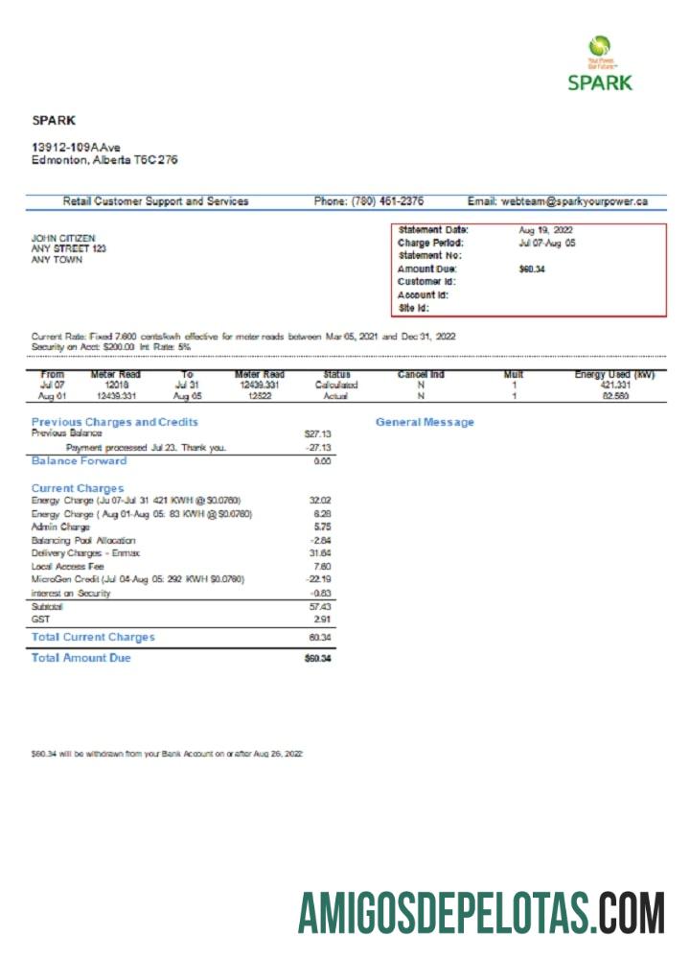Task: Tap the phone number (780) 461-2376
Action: [x=369, y=201]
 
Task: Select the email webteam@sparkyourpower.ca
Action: [x=558, y=201]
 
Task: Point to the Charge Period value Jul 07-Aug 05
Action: [x=547, y=243]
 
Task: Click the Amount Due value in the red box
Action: [x=532, y=269]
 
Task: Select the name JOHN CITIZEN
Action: [x=63, y=238]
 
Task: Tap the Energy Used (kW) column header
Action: [x=614, y=374]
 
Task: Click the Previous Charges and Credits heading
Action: [x=114, y=422]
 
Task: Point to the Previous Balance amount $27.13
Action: [x=316, y=434]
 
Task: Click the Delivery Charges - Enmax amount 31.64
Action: [x=320, y=553]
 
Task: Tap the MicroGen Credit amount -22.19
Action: [x=318, y=579]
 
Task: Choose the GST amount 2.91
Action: [x=322, y=620]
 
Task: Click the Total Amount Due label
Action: [x=80, y=658]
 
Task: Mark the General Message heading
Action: [x=425, y=422]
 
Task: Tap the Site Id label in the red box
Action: [x=413, y=309]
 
